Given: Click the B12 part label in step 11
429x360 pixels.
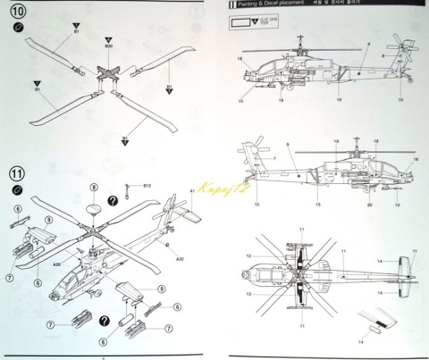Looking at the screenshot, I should click(x=147, y=185).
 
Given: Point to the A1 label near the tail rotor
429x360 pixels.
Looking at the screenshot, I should click(x=191, y=191).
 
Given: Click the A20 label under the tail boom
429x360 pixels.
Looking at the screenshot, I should click(x=180, y=258).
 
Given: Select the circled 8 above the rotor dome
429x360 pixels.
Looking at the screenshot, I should click(x=94, y=185).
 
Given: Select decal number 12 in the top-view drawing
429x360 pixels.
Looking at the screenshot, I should click(x=248, y=255).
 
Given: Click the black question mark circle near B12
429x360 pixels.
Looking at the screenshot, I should click(x=113, y=200).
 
